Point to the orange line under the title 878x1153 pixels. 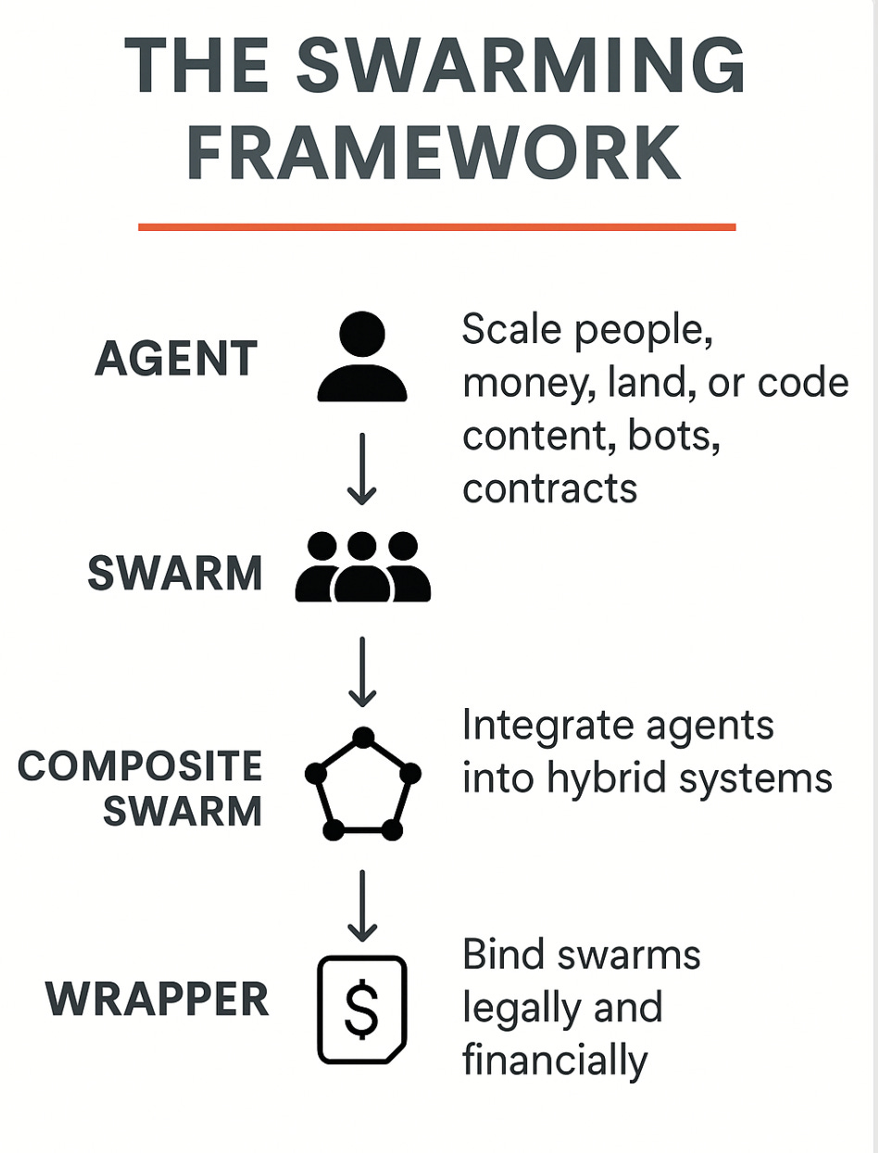436,226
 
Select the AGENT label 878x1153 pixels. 176,359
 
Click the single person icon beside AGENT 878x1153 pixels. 362,357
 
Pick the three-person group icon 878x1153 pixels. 362,568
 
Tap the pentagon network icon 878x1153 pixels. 363,784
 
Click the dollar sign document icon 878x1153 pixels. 361,1009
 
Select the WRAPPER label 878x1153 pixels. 157,1000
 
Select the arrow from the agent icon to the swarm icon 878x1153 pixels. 362,469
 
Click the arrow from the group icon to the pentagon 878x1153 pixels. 362,670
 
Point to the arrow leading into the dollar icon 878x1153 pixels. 362,906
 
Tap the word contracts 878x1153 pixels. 550,488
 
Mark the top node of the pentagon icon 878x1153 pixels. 363,738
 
